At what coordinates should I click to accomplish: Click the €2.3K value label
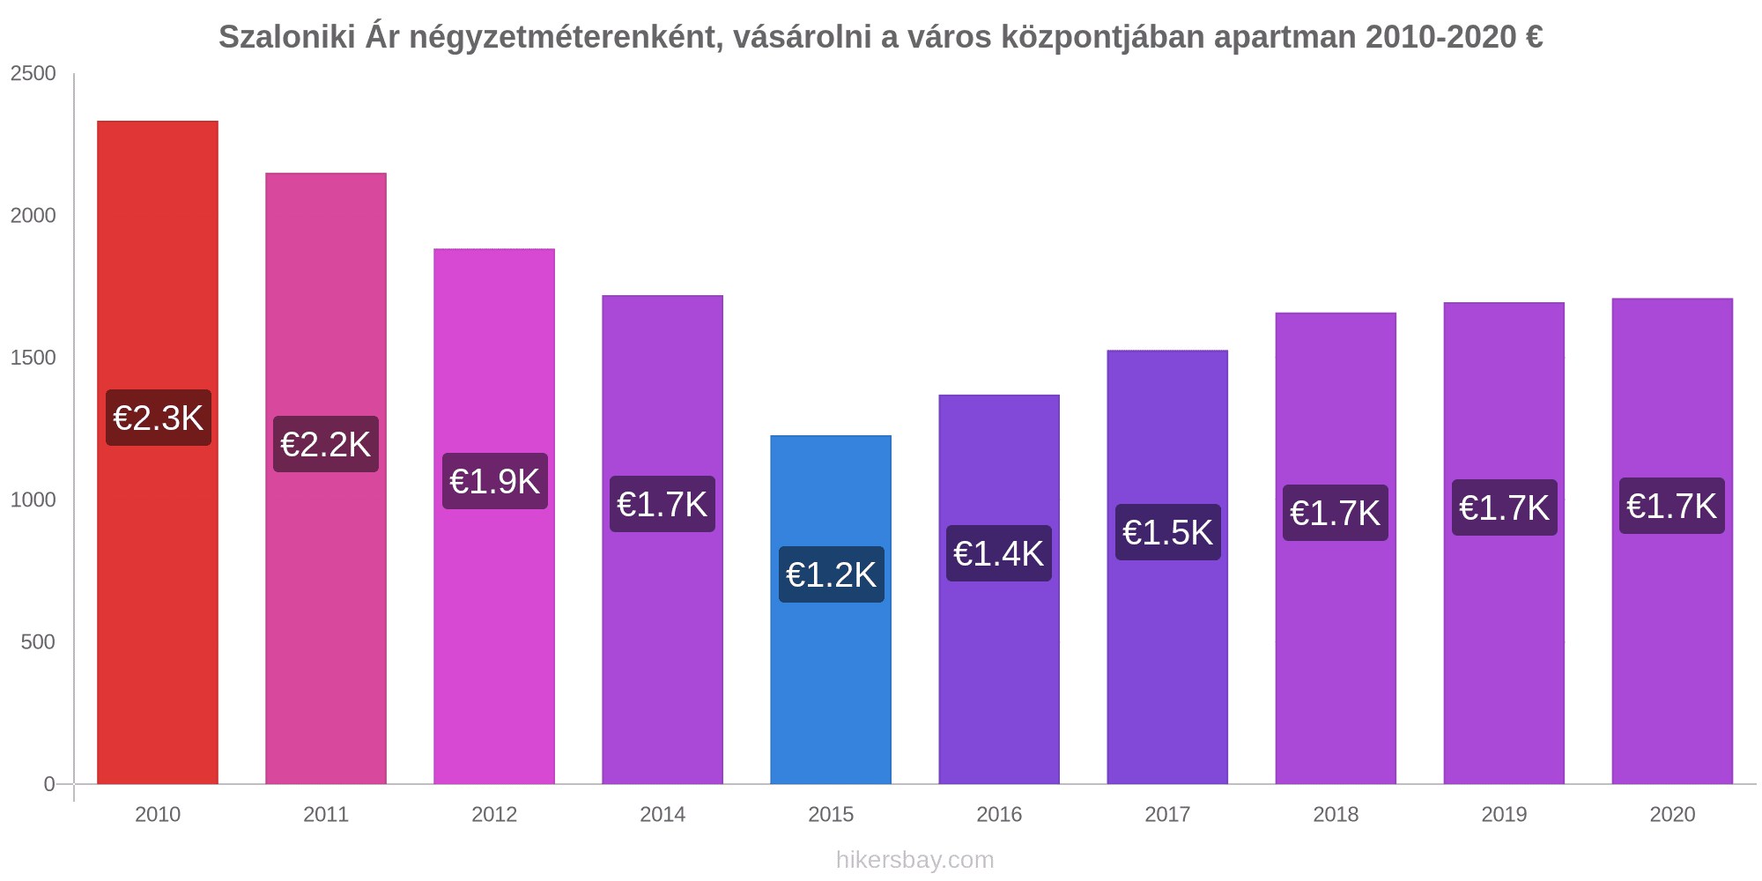pos(159,418)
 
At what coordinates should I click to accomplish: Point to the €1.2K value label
pos(831,574)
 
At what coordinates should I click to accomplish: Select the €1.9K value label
pos(495,481)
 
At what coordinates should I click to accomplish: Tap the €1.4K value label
pos(999,553)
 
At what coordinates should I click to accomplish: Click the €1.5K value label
pos(1168,532)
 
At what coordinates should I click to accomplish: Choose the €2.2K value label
pos(326,444)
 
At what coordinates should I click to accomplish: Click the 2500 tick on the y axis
pos(33,74)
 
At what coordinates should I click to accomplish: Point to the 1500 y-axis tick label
pos(33,358)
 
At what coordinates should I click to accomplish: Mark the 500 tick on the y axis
pos(39,642)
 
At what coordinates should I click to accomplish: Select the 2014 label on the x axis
pos(663,815)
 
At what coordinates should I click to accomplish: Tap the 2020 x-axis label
pos(1672,815)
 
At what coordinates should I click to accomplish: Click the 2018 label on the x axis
pos(1336,815)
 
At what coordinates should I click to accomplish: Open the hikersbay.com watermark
pos(914,860)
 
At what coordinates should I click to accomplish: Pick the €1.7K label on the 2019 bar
pos(1505,507)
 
